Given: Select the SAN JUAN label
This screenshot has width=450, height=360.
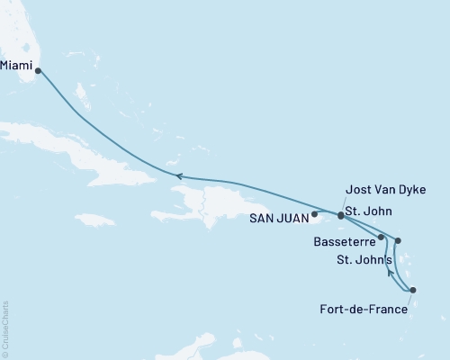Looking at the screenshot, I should tap(281, 217).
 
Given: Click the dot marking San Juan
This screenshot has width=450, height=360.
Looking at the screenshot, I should tap(314, 215).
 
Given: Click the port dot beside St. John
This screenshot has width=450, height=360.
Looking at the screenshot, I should tap(340, 216).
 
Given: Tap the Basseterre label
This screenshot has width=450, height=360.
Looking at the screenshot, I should tap(346, 241).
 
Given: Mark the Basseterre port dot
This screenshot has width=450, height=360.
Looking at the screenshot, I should tap(382, 238).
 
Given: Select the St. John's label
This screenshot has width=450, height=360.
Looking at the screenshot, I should tap(363, 261).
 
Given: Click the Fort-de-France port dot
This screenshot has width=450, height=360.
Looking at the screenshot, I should tap(412, 291).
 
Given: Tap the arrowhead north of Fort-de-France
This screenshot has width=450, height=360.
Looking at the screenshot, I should tap(389, 268).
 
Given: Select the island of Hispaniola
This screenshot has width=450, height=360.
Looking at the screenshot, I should tap(207, 202).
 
